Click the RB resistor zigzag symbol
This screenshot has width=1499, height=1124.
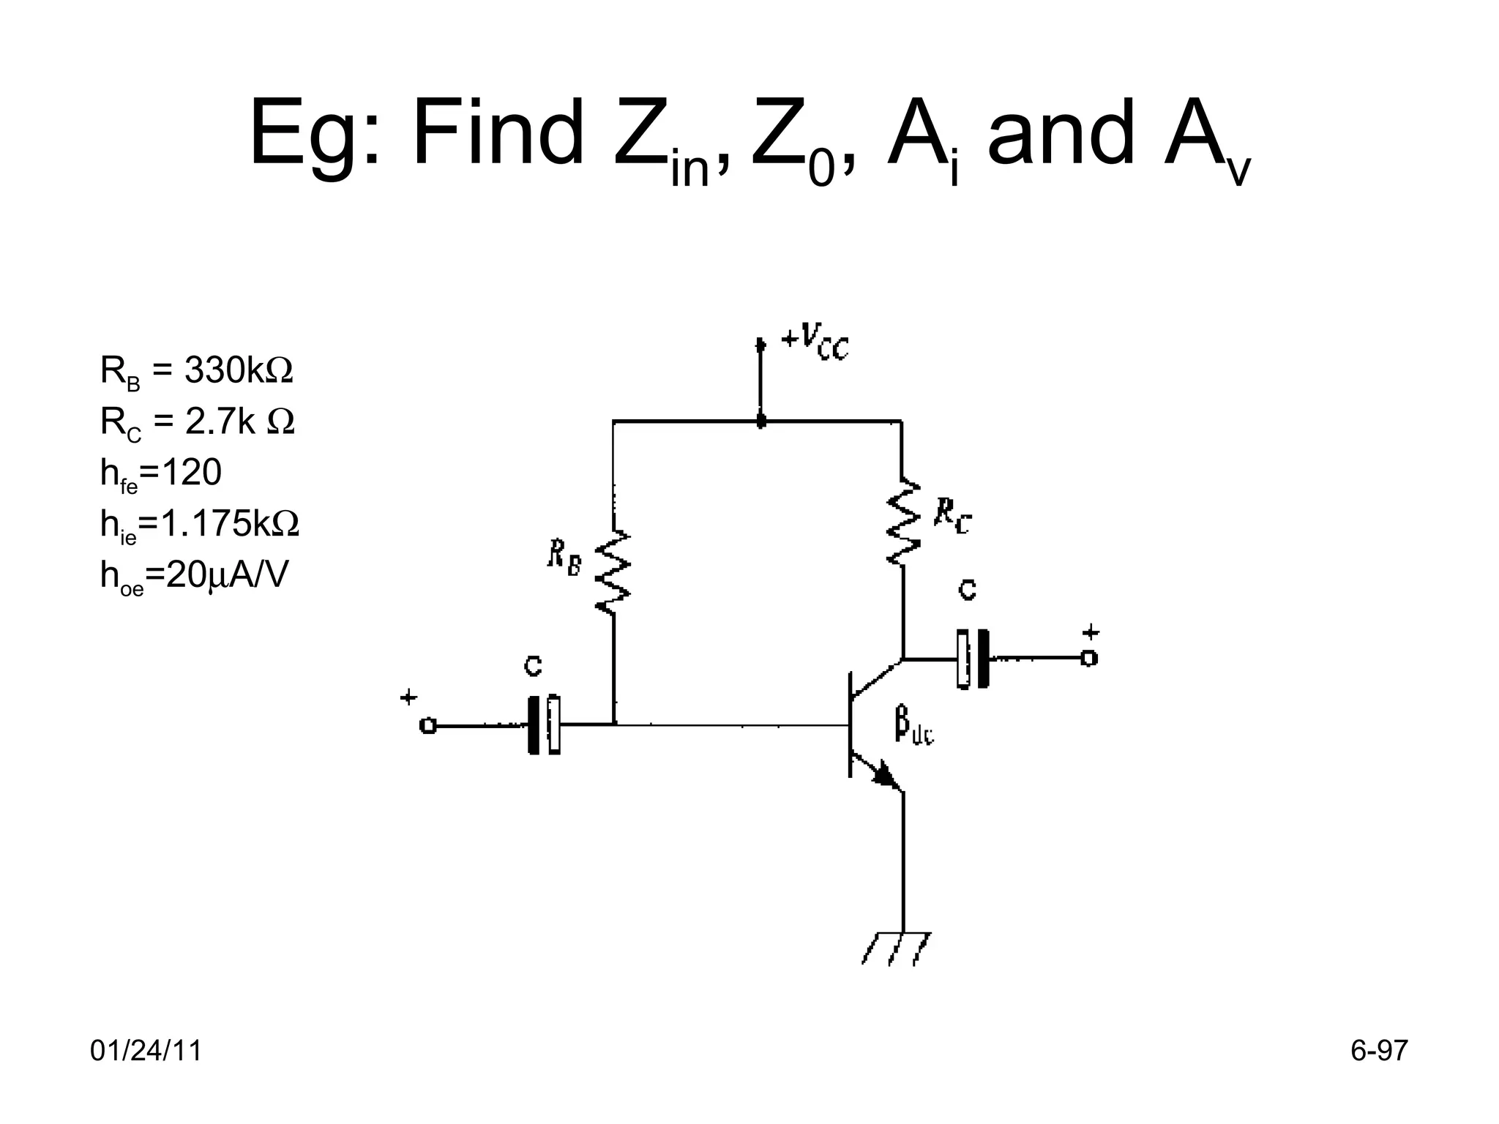613,572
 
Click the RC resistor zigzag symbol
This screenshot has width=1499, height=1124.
902,521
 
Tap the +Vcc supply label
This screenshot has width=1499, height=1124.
815,342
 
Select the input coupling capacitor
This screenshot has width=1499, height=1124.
544,725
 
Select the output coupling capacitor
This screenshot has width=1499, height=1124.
972,659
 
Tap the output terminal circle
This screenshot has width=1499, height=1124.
1089,659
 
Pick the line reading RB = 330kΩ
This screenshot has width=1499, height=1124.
196,372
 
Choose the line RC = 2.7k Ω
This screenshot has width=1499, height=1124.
197,423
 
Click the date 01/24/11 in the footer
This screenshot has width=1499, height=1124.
146,1051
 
